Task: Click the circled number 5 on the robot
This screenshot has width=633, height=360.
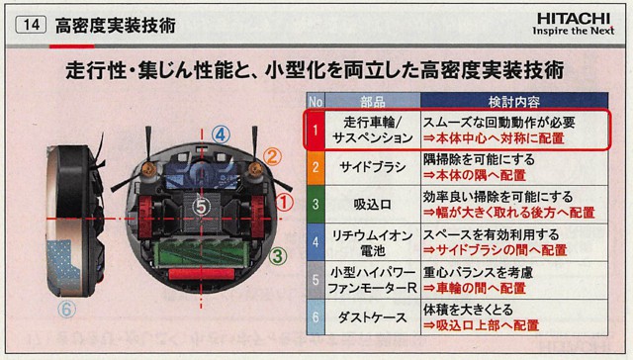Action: tap(201, 206)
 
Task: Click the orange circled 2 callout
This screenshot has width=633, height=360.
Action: tap(275, 155)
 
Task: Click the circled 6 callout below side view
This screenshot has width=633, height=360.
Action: tap(66, 308)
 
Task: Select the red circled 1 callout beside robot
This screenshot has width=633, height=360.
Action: tap(285, 203)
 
